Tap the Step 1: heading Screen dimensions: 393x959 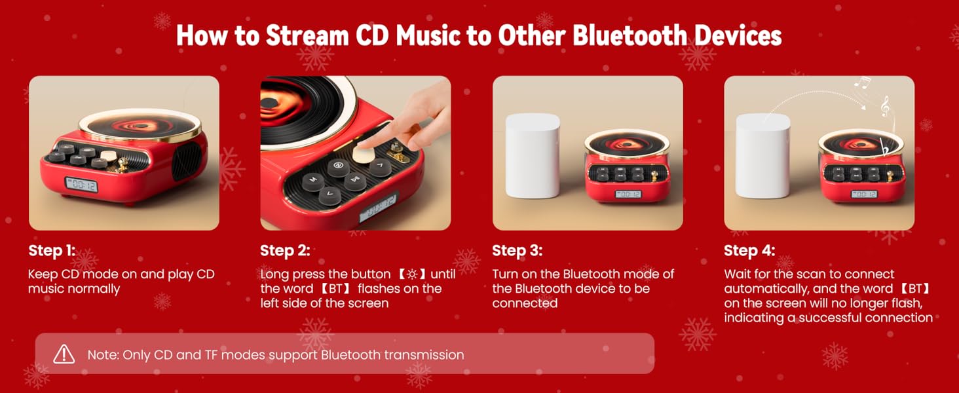[x=52, y=250]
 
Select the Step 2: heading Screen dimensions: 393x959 [x=285, y=250]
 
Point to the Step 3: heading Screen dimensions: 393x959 [x=517, y=250]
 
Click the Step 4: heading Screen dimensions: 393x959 [x=749, y=250]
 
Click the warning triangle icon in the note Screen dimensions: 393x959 [x=64, y=354]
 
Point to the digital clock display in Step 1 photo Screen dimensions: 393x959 [x=81, y=185]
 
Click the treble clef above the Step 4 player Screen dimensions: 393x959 [x=885, y=105]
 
